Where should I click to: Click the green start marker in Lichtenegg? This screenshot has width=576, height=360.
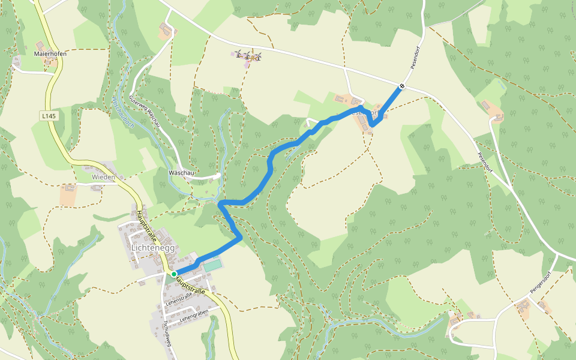(174, 274)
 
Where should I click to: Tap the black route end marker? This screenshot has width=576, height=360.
(402, 86)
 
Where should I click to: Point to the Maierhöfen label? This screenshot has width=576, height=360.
(50, 53)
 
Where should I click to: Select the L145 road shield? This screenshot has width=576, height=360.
(49, 115)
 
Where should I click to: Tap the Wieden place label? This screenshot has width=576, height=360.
(103, 178)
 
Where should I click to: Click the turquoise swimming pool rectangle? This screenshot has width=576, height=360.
(211, 265)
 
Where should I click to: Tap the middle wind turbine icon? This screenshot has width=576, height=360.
(246, 56)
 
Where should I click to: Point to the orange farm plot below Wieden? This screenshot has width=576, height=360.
(68, 195)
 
